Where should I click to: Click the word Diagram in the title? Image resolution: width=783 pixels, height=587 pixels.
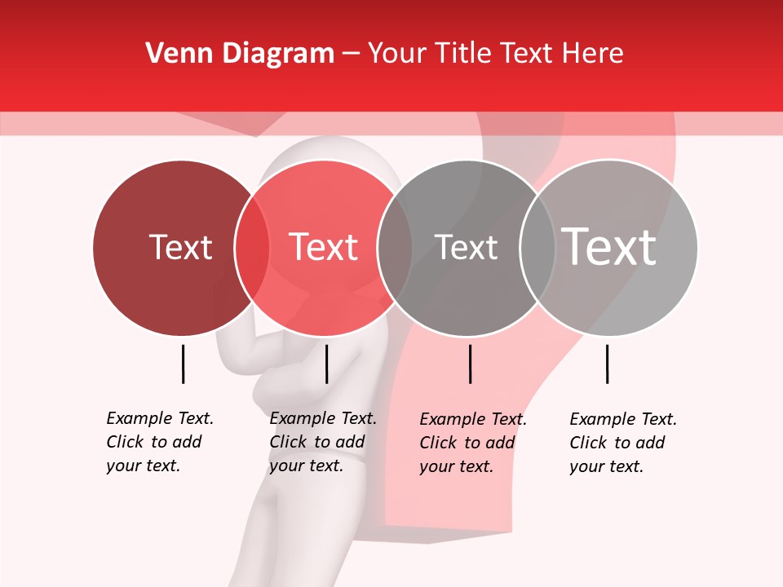[276, 53]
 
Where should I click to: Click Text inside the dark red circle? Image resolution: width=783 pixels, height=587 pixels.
[180, 247]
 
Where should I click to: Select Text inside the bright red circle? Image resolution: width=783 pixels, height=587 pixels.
[324, 247]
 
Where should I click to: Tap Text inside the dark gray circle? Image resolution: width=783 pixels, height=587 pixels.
[466, 247]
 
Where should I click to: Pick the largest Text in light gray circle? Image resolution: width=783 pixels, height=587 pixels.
[609, 246]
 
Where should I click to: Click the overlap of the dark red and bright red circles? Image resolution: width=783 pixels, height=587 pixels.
[252, 248]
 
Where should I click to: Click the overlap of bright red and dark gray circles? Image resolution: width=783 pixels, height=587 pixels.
[395, 248]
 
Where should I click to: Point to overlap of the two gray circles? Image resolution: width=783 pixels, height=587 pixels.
[537, 248]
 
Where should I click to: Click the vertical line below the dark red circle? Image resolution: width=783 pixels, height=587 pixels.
[183, 364]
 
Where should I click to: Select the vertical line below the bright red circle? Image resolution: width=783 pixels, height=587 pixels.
[326, 364]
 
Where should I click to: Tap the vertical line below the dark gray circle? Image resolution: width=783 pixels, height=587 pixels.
[470, 364]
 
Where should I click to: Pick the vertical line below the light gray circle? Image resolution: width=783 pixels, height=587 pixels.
[607, 364]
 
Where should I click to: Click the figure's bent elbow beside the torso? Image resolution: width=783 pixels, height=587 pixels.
[263, 383]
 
